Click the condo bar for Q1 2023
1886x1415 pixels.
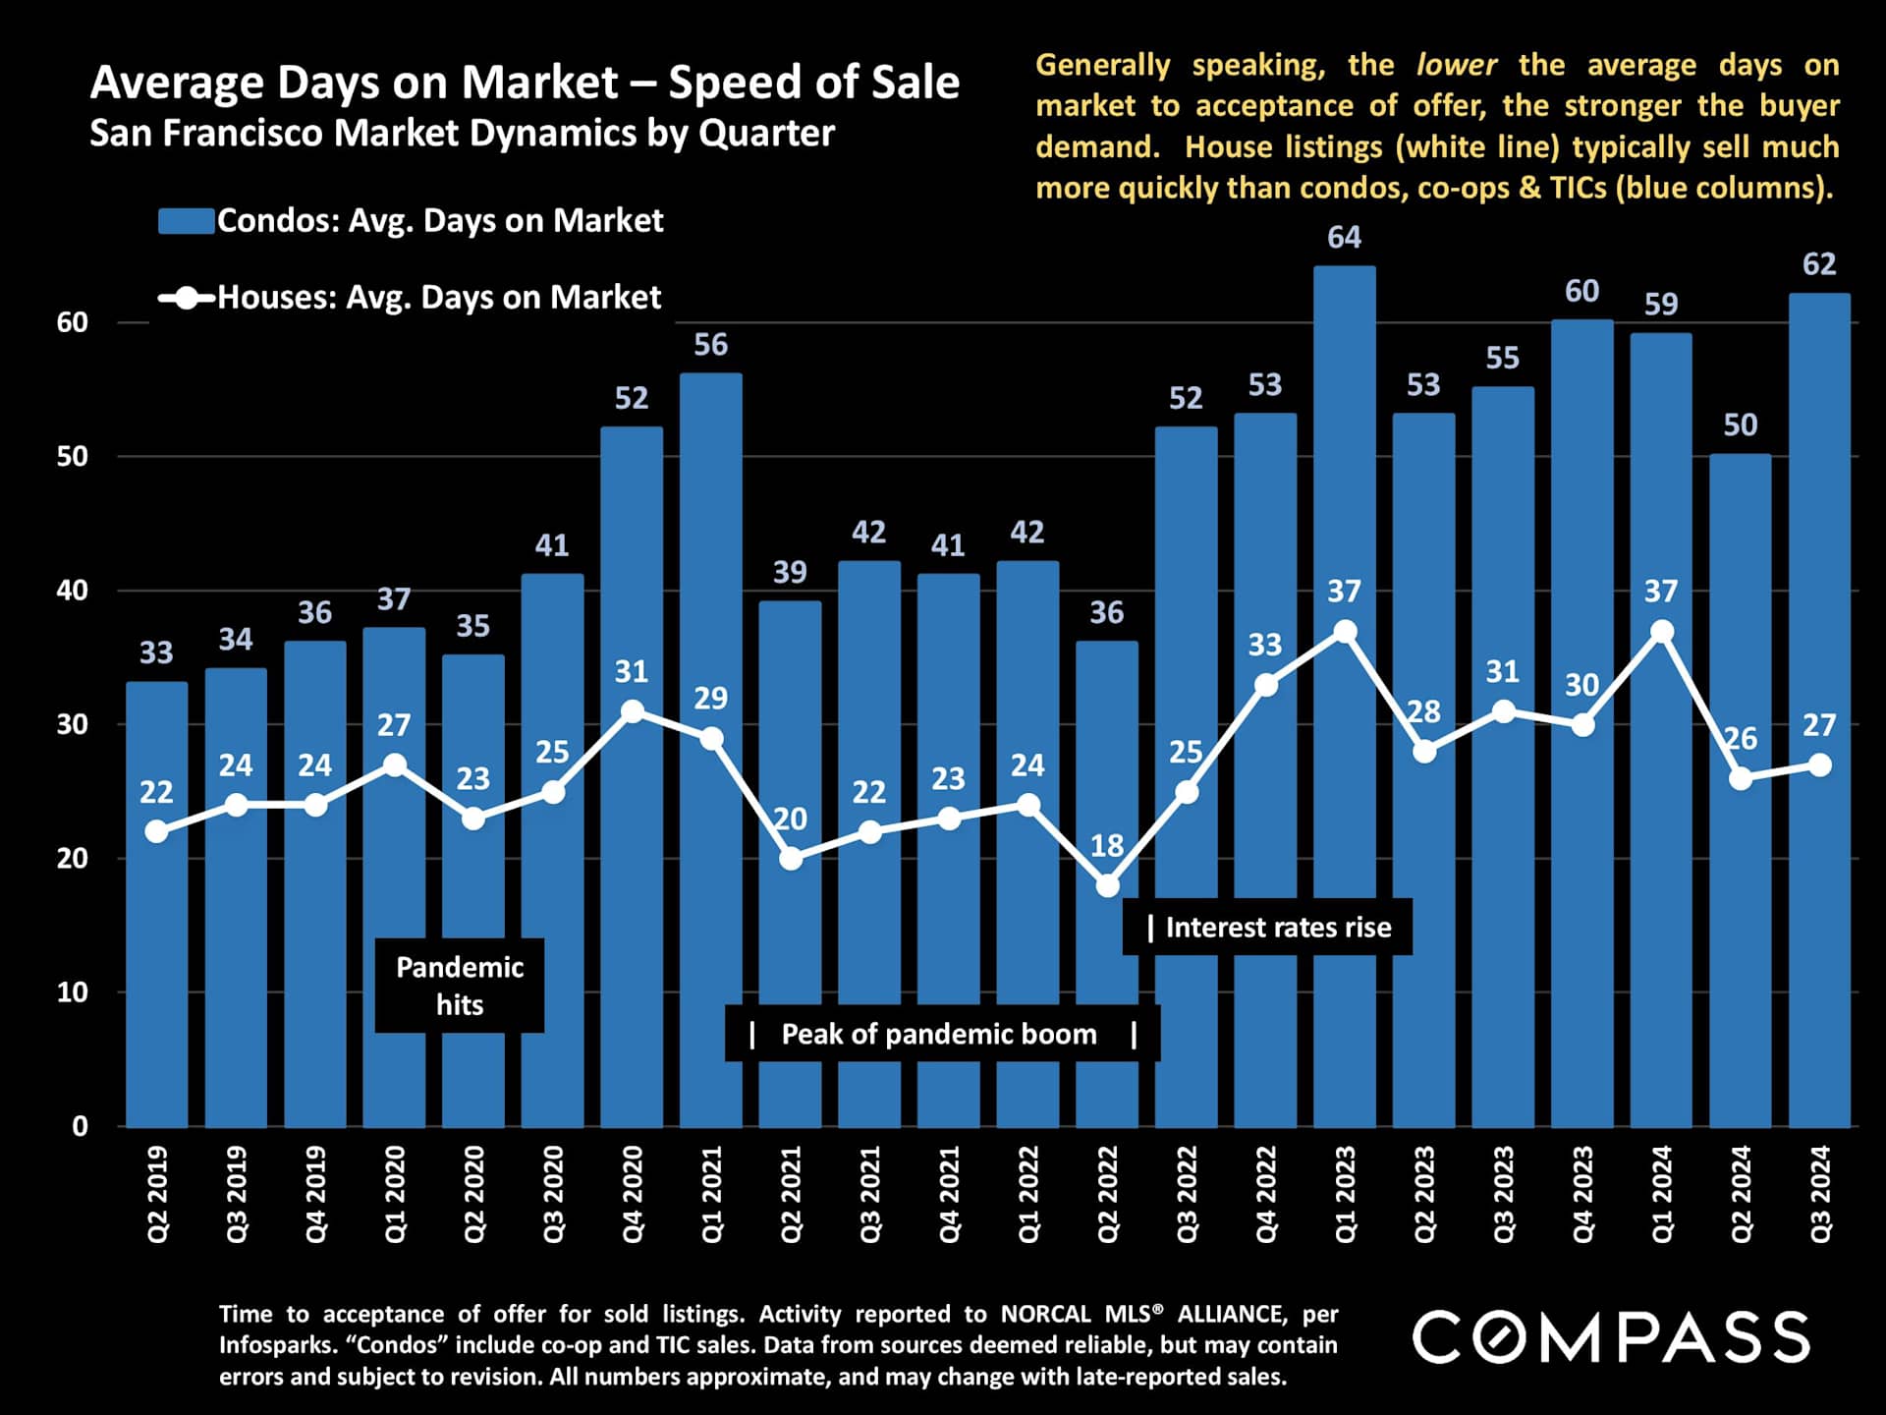[x=1344, y=884]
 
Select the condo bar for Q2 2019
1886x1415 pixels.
[x=156, y=983]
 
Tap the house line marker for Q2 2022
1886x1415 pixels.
[x=1107, y=885]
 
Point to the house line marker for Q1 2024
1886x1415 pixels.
[x=1661, y=632]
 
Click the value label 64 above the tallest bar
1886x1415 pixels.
[x=1344, y=238]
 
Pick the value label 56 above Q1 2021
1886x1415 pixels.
[x=710, y=345]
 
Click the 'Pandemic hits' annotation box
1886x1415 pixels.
[x=460, y=986]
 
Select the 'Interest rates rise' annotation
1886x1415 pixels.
[x=1267, y=928]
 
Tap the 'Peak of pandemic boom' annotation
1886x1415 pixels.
[x=941, y=1034]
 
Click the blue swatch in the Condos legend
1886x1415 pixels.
[x=187, y=221]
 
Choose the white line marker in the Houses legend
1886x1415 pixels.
[x=187, y=298]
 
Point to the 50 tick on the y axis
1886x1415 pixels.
[x=72, y=457]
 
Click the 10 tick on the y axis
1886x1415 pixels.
[x=72, y=992]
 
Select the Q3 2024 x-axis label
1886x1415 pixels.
[x=1820, y=1194]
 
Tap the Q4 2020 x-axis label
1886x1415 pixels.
[x=632, y=1194]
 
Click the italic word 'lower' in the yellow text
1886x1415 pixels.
[x=1456, y=66]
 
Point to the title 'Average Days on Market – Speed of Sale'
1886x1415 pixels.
[x=525, y=83]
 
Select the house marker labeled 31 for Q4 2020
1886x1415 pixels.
[x=633, y=711]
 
